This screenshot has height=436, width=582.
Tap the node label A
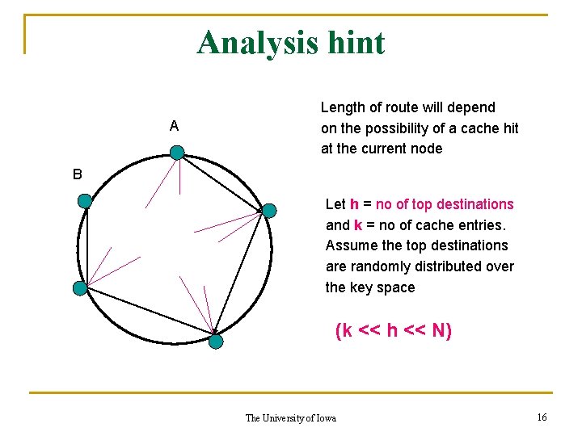point(175,127)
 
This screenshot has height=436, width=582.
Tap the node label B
point(77,174)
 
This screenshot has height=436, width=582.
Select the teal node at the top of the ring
point(177,152)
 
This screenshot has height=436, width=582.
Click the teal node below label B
point(84,201)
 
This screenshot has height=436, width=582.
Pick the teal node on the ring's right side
point(269,211)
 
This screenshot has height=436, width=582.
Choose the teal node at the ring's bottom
point(216,342)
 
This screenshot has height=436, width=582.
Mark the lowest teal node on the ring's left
point(79,288)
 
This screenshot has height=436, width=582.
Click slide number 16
point(542,417)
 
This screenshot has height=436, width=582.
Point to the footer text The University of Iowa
point(290,417)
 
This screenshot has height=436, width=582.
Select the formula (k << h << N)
point(394,330)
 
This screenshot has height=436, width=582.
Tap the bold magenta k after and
point(358,225)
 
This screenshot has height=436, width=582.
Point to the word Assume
point(350,245)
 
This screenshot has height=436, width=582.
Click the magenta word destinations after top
point(474,204)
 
